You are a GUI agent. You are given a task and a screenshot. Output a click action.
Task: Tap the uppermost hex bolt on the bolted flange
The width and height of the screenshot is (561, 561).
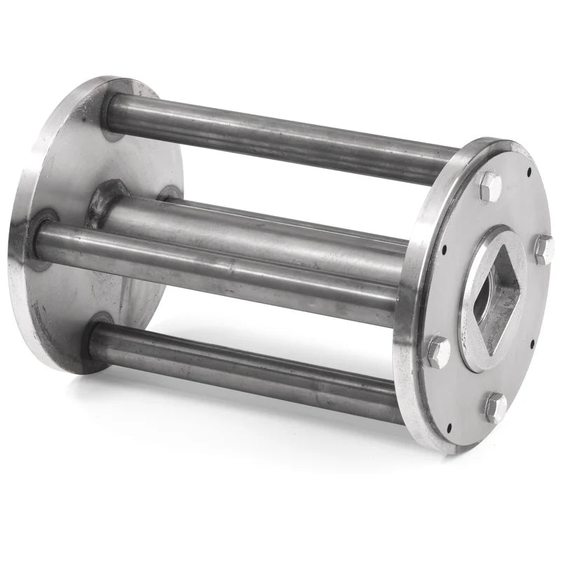489,186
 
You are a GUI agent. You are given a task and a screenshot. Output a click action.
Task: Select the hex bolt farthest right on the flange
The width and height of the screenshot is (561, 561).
543,248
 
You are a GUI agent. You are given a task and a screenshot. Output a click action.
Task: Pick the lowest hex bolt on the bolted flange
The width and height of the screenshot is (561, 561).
495,406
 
